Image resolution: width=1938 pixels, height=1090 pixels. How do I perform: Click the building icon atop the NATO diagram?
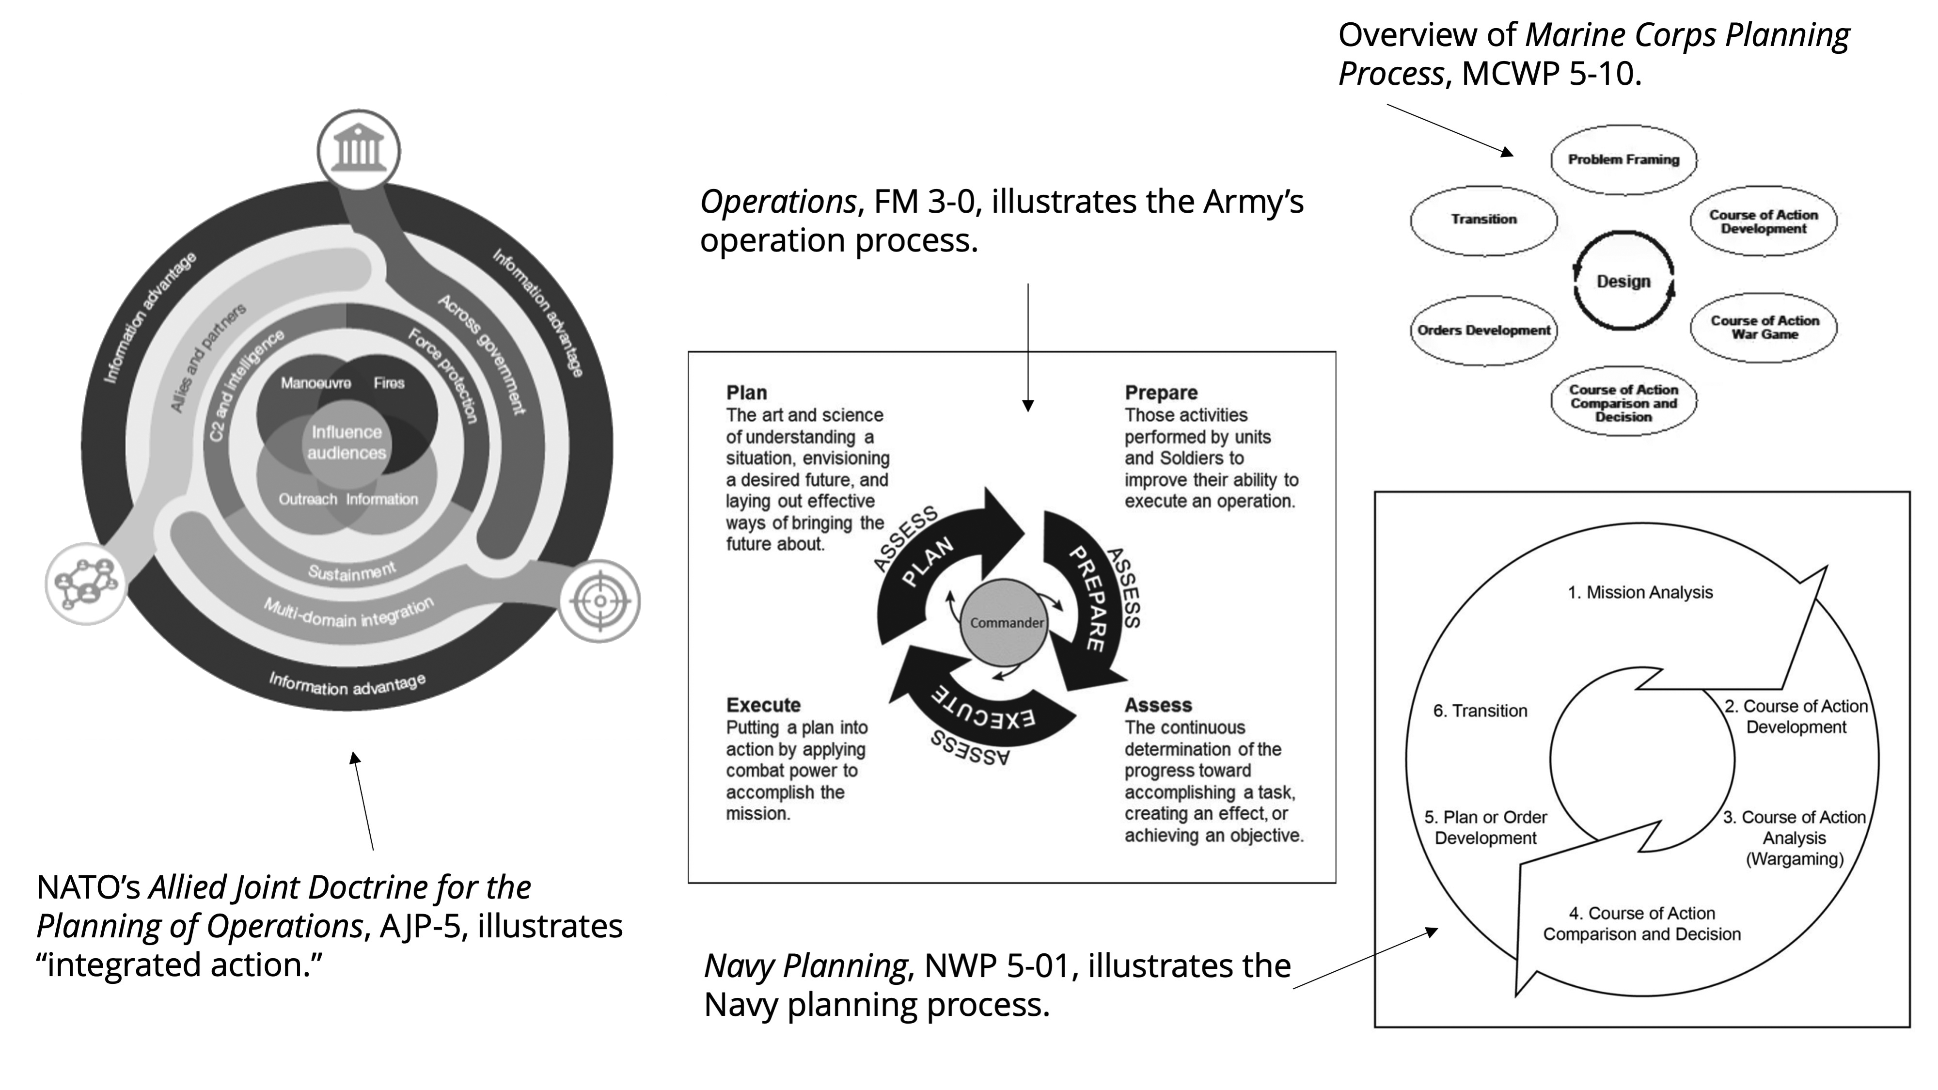point(359,150)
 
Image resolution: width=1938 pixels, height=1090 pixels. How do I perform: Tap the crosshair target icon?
point(599,601)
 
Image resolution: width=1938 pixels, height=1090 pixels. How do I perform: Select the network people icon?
point(86,584)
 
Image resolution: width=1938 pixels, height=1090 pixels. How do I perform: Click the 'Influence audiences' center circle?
point(347,442)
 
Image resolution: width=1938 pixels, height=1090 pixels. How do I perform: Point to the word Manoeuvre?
point(315,383)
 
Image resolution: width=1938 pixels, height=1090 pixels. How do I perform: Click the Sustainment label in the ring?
point(351,572)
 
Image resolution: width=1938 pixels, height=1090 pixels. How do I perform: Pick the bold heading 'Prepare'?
point(1161,393)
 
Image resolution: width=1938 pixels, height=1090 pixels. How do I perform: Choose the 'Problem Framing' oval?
point(1623,159)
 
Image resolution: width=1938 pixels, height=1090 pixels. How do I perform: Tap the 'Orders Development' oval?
point(1483,330)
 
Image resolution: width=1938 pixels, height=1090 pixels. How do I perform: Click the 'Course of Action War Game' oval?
point(1764,327)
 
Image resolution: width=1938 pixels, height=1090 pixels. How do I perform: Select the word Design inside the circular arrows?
point(1623,281)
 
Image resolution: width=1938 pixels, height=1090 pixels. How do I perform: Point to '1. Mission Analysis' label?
point(1640,593)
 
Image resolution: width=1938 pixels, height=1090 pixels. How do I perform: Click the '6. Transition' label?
point(1480,711)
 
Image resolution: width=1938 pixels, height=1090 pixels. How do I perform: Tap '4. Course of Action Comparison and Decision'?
point(1641,924)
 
